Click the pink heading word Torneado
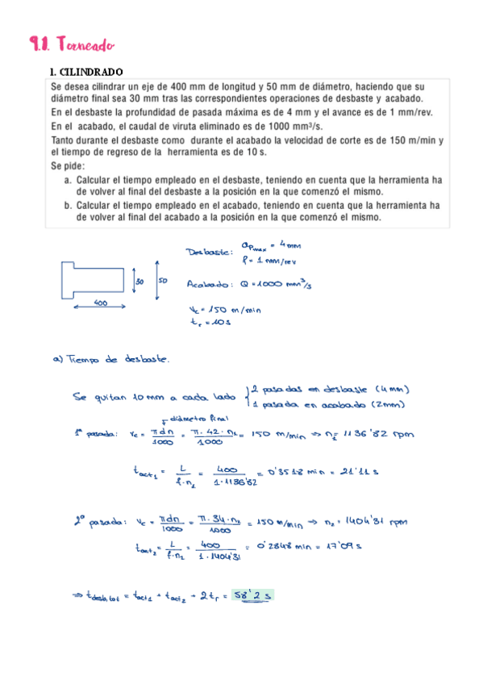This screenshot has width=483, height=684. [81, 45]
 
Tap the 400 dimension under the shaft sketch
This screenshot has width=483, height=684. [102, 303]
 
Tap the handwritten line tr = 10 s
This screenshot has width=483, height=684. [212, 323]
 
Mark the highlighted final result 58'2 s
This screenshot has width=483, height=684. [252, 595]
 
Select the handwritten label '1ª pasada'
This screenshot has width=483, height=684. [93, 436]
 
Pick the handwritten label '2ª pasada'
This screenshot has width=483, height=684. [94, 524]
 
